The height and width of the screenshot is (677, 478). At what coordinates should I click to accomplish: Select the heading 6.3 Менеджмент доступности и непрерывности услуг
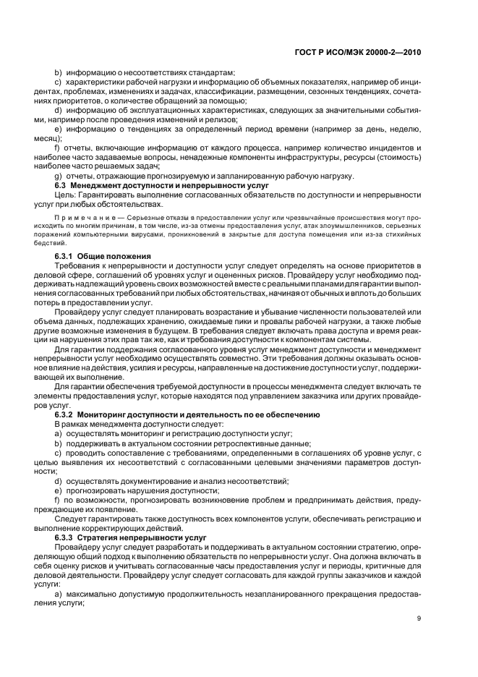click(x=162, y=186)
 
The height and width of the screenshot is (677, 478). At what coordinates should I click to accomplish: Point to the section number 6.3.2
click(x=67, y=414)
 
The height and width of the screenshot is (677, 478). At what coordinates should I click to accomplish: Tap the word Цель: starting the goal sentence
click(x=65, y=195)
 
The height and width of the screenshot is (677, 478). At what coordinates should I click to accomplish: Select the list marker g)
click(x=59, y=176)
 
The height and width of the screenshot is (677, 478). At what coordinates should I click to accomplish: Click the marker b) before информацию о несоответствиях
click(x=59, y=72)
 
